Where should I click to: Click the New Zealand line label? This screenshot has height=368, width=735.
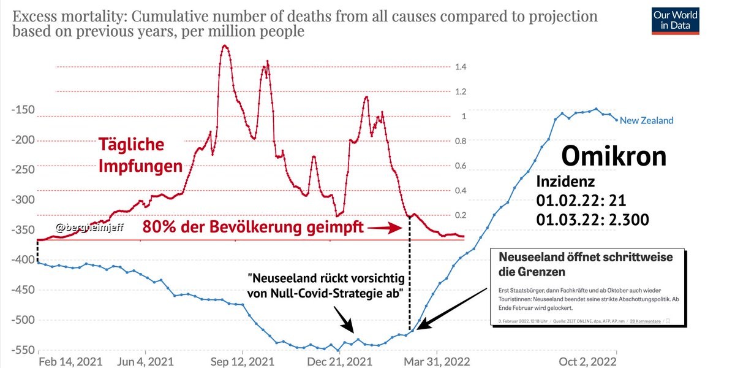[x=646, y=120]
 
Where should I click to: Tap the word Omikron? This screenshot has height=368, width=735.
[x=614, y=156]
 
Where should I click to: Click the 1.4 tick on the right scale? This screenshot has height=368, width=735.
[x=461, y=67]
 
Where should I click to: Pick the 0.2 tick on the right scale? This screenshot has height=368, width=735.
[x=461, y=215]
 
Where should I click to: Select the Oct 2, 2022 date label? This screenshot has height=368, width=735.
[x=587, y=361]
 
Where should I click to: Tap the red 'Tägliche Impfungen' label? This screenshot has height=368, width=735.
[x=140, y=155]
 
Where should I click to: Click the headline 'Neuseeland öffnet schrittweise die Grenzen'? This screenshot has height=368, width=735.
[x=586, y=263]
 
